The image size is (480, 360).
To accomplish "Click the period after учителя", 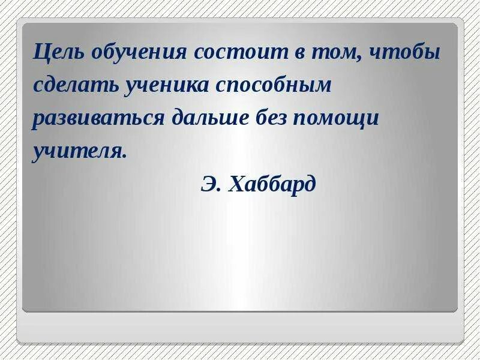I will click(125, 156).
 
